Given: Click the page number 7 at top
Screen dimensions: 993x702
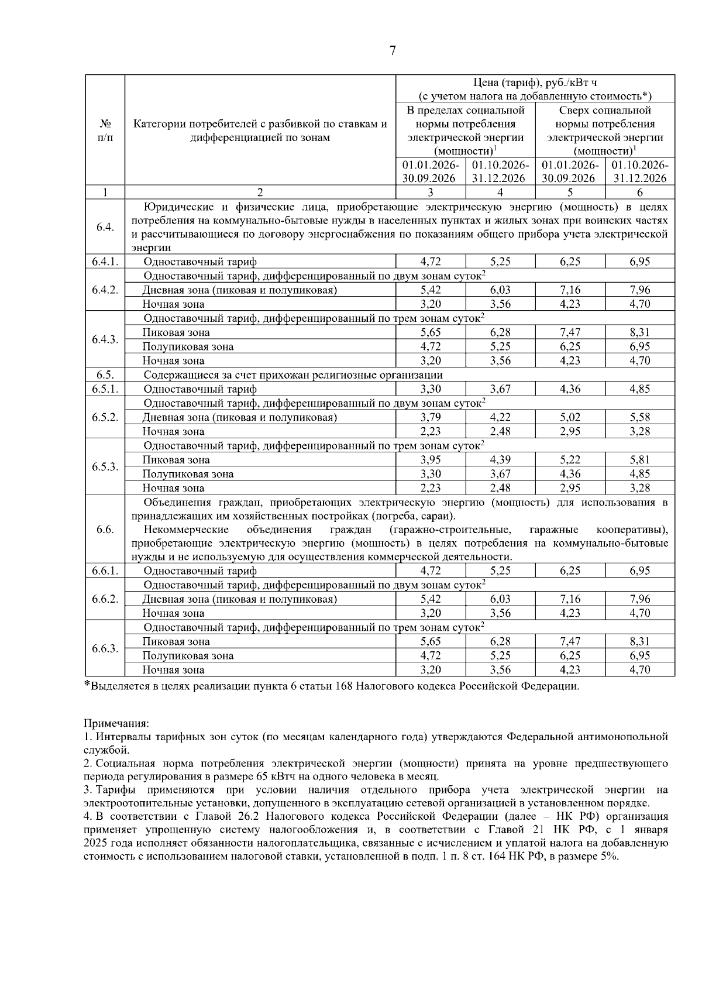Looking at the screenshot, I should click(393, 51).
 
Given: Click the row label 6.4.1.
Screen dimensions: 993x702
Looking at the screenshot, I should click(105, 262).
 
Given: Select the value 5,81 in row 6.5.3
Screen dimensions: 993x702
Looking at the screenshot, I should click(639, 460).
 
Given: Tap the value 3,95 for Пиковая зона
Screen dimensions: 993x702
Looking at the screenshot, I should click(431, 460).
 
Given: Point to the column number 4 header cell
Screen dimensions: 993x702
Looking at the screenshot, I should click(500, 193).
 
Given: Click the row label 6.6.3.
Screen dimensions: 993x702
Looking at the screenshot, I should click(105, 649).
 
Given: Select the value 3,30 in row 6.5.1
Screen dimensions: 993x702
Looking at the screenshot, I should click(431, 389).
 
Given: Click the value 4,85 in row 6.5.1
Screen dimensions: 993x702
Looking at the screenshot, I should click(639, 389).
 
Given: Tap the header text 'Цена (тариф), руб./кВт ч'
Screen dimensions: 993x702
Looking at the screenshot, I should click(535, 83).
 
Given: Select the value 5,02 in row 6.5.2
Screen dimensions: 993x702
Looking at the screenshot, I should click(570, 418).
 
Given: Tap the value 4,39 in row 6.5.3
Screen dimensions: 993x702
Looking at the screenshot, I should click(500, 460).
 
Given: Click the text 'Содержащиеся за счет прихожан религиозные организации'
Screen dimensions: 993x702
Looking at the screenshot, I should click(292, 375).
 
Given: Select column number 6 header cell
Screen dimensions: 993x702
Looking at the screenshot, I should click(639, 193).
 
